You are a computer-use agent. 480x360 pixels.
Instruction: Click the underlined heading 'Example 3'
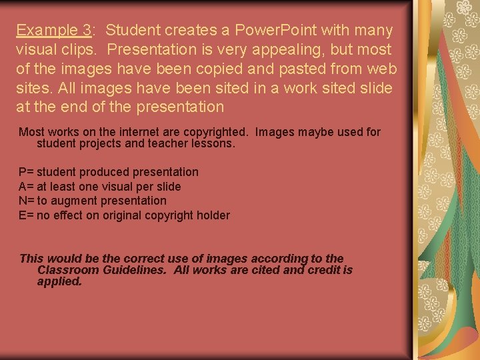[x=54, y=30]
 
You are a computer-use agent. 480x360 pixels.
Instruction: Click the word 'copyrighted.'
[x=209, y=132]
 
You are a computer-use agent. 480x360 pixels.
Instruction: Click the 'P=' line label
[x=26, y=172]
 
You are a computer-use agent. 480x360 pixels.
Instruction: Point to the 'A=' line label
[x=26, y=187]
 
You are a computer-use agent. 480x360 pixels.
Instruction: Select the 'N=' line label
[x=26, y=201]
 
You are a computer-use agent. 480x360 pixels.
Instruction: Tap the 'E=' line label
[x=26, y=215]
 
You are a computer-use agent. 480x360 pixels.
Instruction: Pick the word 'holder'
[x=213, y=215]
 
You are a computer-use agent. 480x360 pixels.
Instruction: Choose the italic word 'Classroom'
[x=67, y=270]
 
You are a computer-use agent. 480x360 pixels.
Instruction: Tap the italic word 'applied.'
[x=59, y=281]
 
